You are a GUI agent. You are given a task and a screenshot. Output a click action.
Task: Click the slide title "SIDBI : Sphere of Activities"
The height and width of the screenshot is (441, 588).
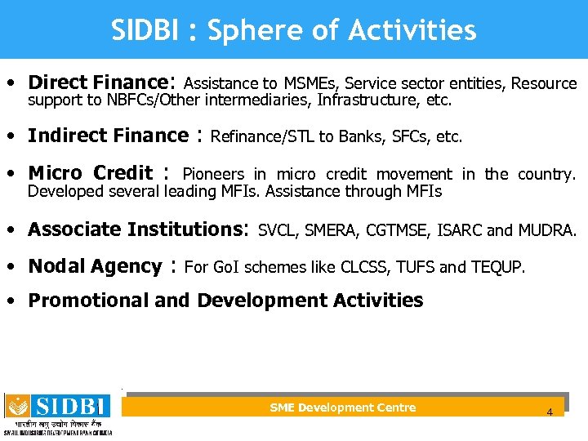coord(294,30)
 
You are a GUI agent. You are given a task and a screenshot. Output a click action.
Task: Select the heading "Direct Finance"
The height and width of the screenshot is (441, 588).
coord(97,82)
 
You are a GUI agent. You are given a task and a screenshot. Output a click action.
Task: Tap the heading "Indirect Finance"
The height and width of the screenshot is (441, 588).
coord(108,136)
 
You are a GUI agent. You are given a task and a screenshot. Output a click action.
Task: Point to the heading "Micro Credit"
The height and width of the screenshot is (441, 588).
coord(90,173)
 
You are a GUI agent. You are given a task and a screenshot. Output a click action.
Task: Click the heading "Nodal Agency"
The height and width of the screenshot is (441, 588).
coord(95,266)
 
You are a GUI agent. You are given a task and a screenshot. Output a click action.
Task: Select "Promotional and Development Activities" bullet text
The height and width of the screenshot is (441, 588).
coord(225,301)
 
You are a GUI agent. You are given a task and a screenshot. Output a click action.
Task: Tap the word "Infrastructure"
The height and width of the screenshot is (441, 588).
coord(363,101)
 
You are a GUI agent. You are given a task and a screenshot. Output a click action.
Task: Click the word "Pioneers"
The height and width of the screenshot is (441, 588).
coord(213,174)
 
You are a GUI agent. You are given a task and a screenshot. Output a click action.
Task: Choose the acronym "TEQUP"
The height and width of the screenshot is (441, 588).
coord(499,268)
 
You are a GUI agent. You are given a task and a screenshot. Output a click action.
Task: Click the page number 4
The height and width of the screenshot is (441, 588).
coord(550,412)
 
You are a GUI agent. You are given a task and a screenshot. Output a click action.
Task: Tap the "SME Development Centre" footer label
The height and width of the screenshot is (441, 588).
coord(342,408)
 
